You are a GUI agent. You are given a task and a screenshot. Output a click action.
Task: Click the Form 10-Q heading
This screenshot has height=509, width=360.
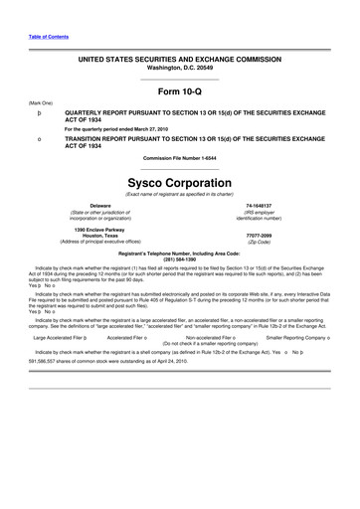click(180, 93)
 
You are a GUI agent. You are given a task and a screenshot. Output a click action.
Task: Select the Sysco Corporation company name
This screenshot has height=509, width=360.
click(180, 183)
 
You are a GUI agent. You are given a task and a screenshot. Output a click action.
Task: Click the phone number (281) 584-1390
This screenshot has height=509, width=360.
click(180, 259)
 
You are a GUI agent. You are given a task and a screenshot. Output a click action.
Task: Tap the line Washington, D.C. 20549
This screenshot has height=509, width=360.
click(180, 68)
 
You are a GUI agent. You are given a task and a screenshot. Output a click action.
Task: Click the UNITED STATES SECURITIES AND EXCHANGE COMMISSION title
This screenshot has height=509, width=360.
click(180, 60)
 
